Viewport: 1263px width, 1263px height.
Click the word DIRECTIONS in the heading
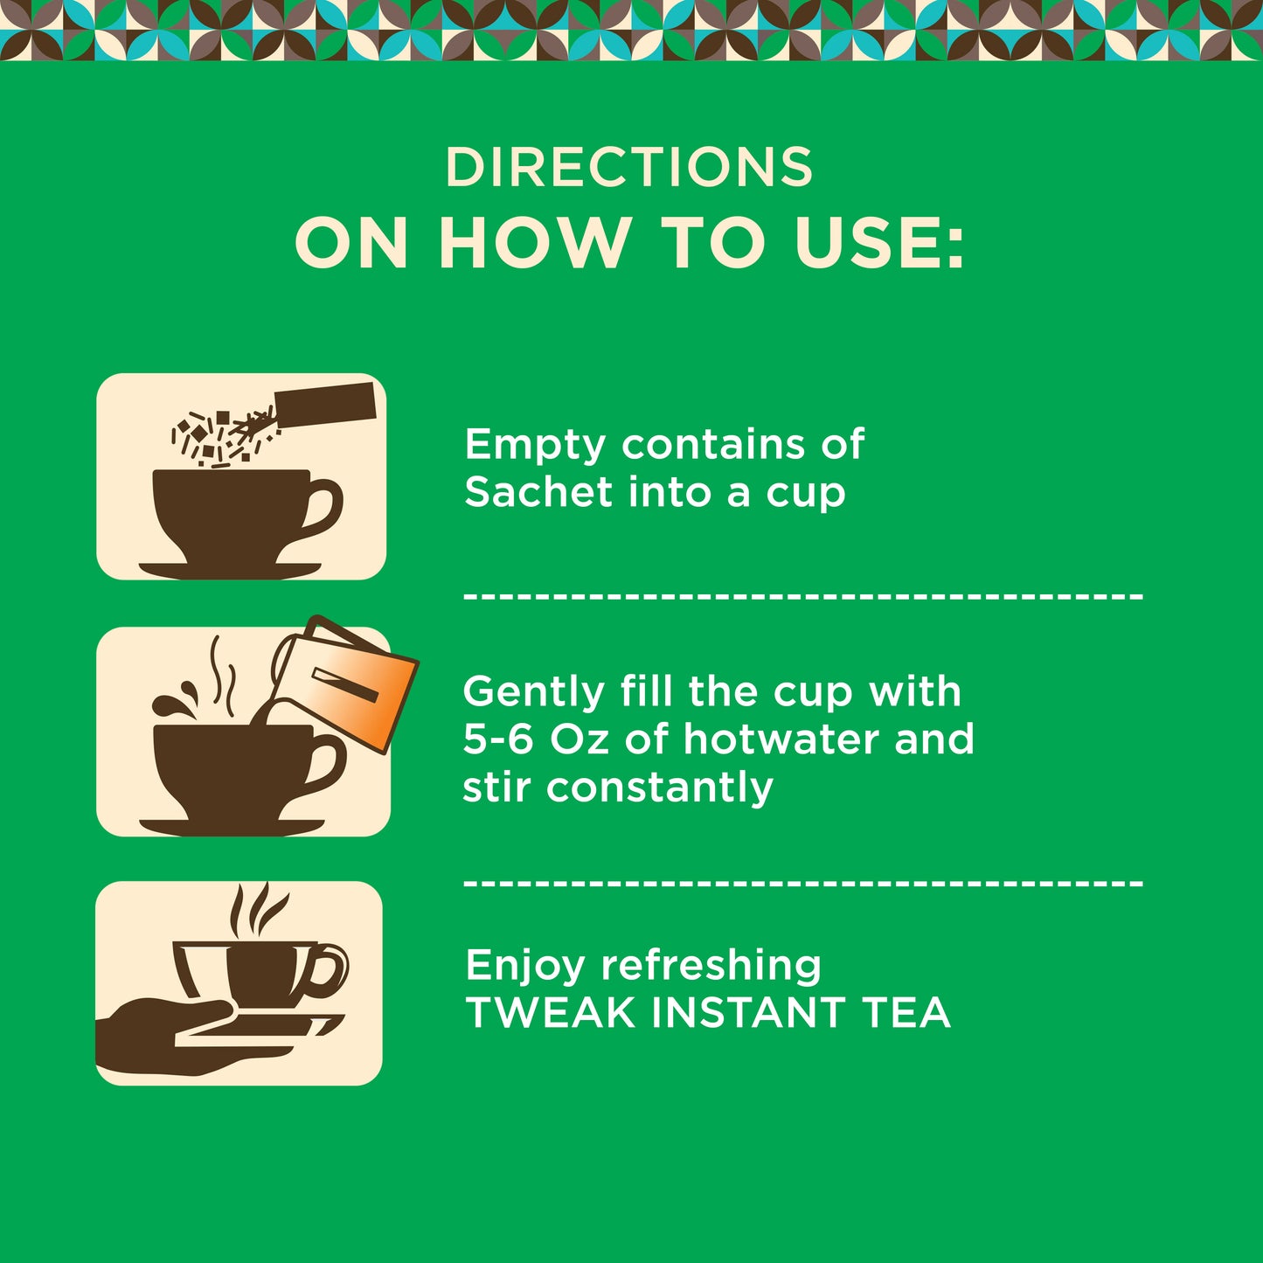pos(629,167)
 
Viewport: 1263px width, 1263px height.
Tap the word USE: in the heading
pos(879,242)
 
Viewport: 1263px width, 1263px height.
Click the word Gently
pos(533,693)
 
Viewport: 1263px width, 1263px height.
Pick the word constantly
pos(659,788)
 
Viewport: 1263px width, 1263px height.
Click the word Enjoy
pos(524,967)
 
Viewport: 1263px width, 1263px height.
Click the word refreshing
pos(711,967)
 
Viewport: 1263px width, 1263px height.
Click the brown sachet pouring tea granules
pos(325,403)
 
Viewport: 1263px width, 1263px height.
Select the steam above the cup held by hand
pos(258,910)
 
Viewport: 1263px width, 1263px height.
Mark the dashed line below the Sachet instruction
pos(803,597)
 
